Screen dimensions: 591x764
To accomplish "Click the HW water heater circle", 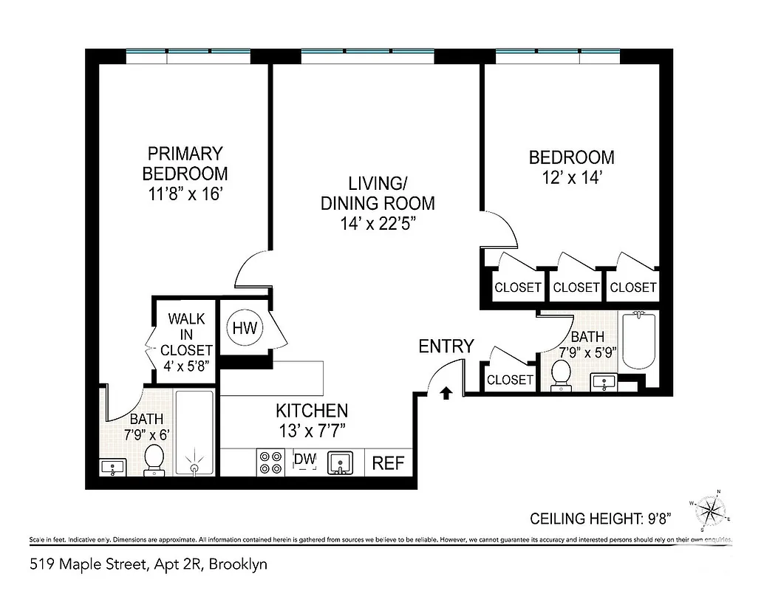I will [245, 327].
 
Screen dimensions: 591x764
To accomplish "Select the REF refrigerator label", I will [388, 463].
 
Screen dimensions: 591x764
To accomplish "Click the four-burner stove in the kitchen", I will [270, 462].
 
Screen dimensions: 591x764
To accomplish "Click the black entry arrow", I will [446, 392].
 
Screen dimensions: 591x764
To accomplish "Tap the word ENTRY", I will [446, 346].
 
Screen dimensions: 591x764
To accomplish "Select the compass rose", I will [712, 510].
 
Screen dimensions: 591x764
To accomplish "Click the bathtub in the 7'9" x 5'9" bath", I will [639, 341].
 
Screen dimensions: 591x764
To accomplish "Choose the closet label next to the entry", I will [510, 380].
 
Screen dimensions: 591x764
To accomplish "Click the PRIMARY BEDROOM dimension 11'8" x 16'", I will [185, 195].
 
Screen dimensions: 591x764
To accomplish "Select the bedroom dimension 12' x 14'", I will [571, 178].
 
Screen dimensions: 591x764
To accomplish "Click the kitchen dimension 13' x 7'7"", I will [312, 428].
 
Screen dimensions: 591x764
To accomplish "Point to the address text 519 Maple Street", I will [89, 565].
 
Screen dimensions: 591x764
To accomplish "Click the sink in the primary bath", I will [112, 468].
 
